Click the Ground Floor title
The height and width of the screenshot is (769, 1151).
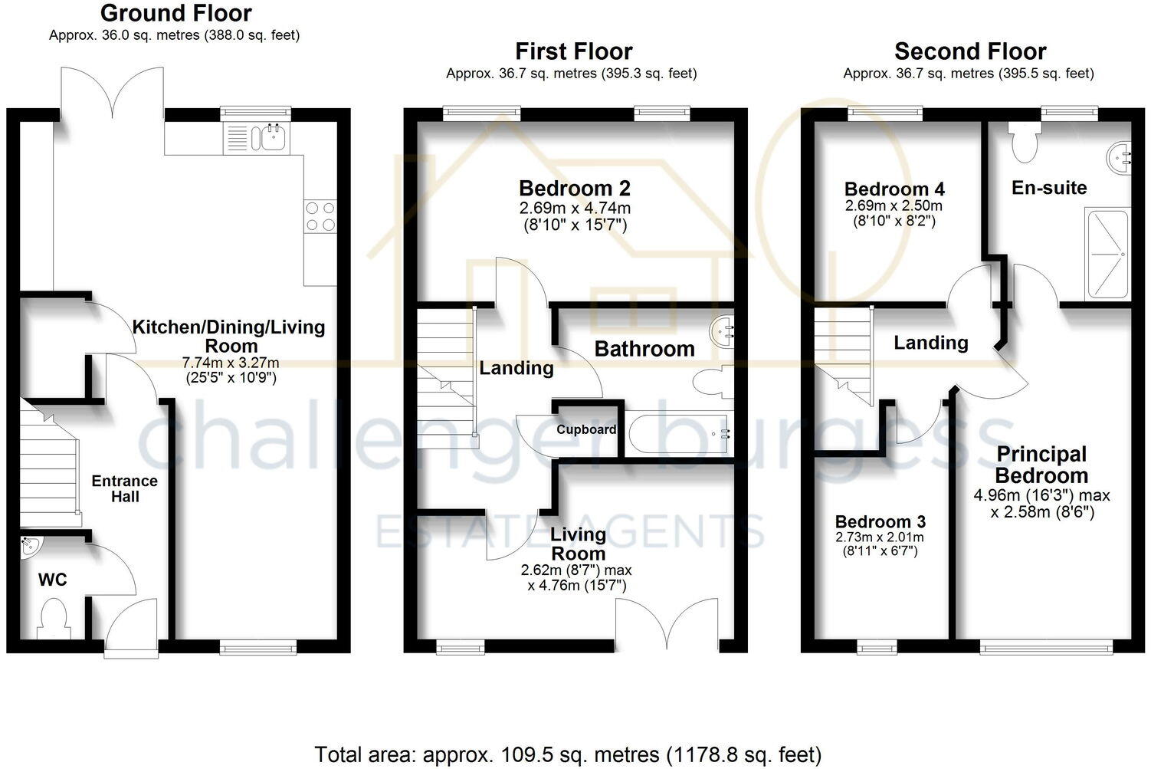(175, 13)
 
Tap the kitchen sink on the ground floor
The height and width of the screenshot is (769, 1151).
(273, 138)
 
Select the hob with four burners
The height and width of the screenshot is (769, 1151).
(320, 215)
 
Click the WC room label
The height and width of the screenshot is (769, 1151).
(52, 580)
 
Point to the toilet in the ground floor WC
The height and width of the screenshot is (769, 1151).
(54, 618)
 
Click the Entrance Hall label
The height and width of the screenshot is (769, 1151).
(124, 488)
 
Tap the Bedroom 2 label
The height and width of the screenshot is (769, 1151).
(574, 188)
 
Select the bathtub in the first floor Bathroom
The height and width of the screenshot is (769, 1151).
(678, 434)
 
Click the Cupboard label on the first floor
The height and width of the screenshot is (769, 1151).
(586, 429)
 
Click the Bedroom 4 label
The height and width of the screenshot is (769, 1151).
(894, 189)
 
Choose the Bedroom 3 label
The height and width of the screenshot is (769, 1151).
(880, 521)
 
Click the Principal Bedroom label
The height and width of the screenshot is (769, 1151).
(1041, 465)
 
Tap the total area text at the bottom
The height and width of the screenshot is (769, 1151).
(568, 754)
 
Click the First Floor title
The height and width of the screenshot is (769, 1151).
(573, 51)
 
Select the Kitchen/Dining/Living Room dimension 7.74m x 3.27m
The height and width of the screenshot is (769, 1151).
(231, 363)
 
